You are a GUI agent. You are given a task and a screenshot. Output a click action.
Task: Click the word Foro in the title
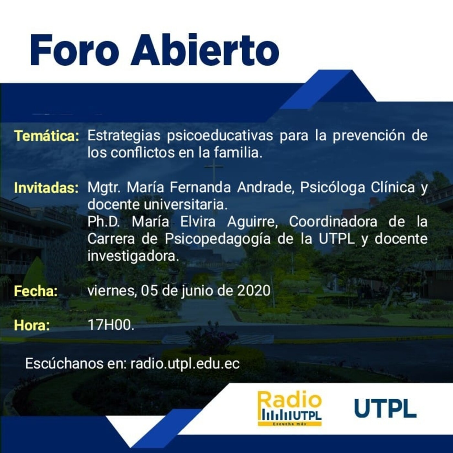pyautogui.click(x=74, y=50)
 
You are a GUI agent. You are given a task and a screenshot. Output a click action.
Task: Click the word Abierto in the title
pyautogui.click(x=205, y=50)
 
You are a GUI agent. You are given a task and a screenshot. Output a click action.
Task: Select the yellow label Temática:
pyautogui.click(x=47, y=136)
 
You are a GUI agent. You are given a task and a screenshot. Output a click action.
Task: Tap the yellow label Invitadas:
pyautogui.click(x=46, y=188)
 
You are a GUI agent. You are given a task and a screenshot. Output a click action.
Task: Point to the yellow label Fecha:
pyautogui.click(x=36, y=291)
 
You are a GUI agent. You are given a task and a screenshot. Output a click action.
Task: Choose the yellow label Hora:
pyautogui.click(x=32, y=325)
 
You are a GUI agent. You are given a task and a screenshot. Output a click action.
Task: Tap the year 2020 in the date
pyautogui.click(x=254, y=291)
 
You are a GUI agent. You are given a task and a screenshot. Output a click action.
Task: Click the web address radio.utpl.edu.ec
pyautogui.click(x=185, y=364)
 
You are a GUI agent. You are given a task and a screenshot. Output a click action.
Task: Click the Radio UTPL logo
pyautogui.click(x=290, y=408)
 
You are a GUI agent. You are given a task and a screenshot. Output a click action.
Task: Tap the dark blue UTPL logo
pyautogui.click(x=385, y=408)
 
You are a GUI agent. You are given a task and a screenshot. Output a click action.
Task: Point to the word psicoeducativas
pyautogui.click(x=220, y=136)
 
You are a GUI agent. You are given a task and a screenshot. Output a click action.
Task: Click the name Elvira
pyautogui.click(x=198, y=222)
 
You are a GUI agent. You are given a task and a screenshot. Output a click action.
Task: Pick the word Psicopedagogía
pyautogui.click(x=218, y=239)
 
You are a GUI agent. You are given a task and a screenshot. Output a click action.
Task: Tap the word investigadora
pyautogui.click(x=133, y=256)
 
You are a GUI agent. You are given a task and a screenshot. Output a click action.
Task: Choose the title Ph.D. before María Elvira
pyautogui.click(x=103, y=222)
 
